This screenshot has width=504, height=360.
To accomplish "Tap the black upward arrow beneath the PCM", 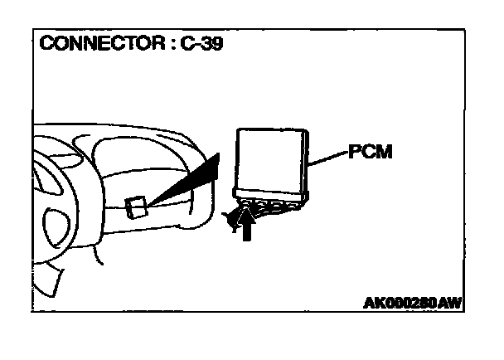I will (245, 226).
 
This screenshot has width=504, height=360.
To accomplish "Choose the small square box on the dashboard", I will (137, 207).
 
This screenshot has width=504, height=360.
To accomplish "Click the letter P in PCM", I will (354, 153).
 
